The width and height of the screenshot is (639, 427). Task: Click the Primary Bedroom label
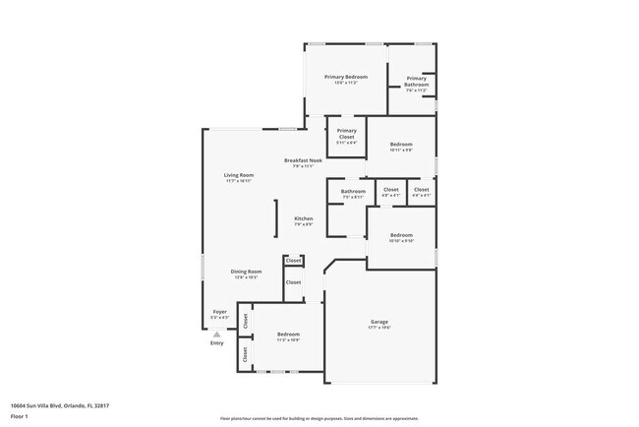pyautogui.click(x=346, y=77)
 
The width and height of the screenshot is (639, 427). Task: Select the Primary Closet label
pyautogui.click(x=346, y=131)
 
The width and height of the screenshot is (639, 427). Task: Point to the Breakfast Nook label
pyautogui.click(x=301, y=160)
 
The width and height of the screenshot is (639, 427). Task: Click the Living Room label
pyautogui.click(x=238, y=175)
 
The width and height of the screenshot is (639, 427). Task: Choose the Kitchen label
pyautogui.click(x=304, y=218)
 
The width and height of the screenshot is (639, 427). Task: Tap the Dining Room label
pyautogui.click(x=246, y=272)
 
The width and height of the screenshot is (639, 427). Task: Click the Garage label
pyautogui.click(x=378, y=322)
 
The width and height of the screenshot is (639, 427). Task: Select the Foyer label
pyautogui.click(x=219, y=313)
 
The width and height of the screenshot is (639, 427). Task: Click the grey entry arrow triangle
pyautogui.click(x=216, y=334)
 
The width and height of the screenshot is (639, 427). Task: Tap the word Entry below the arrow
pyautogui.click(x=216, y=343)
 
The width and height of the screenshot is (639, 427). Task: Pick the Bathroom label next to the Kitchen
pyautogui.click(x=353, y=191)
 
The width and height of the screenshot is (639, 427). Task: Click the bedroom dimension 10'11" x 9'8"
pyautogui.click(x=401, y=151)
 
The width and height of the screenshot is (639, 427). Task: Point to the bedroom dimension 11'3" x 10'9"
pyautogui.click(x=288, y=340)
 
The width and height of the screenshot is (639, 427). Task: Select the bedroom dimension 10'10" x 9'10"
pyautogui.click(x=400, y=241)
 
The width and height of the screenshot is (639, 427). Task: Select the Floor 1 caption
pyautogui.click(x=20, y=415)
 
